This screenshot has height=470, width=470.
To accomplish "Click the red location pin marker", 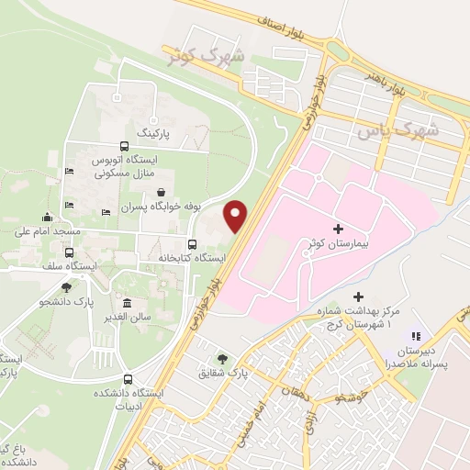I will pyautogui.click(x=236, y=215).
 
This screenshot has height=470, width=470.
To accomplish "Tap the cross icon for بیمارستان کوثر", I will pyautogui.click(x=338, y=229).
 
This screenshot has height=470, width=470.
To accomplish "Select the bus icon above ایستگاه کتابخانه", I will pyautogui.click(x=192, y=245).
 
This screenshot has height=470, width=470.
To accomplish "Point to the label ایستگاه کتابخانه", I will pyautogui.click(x=192, y=259).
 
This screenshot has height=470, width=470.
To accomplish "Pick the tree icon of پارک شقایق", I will pyautogui.click(x=222, y=359).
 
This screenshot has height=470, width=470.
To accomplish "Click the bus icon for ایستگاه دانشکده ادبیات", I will pyautogui.click(x=128, y=379).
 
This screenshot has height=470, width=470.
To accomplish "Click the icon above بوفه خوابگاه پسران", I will pyautogui.click(x=162, y=193).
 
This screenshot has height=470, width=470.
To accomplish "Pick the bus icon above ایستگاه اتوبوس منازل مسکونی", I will pyautogui.click(x=124, y=147).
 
